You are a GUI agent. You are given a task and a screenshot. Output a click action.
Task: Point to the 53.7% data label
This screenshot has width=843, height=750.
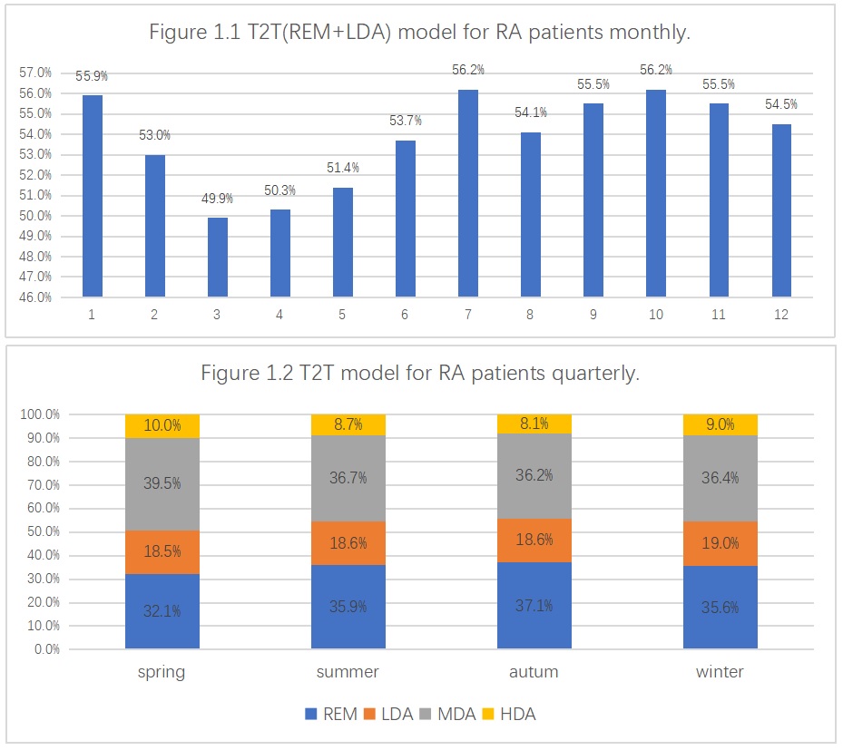click(x=406, y=122)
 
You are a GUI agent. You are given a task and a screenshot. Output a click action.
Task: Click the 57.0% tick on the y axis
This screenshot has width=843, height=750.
click(x=34, y=73)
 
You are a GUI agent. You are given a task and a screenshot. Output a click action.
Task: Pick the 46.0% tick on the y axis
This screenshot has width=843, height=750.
click(x=34, y=297)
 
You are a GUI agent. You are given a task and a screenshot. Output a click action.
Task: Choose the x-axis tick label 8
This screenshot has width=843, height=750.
click(x=531, y=315)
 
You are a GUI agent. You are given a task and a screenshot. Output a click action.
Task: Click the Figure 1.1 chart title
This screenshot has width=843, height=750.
click(x=420, y=34)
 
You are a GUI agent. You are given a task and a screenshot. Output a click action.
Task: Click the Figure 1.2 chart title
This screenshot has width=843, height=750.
click(x=420, y=374)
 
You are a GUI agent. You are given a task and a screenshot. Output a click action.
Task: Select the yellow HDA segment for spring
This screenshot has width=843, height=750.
click(x=162, y=426)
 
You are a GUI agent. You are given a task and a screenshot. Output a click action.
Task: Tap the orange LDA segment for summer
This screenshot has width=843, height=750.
click(x=348, y=543)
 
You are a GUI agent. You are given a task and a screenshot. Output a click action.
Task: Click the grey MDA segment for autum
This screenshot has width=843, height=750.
click(x=534, y=475)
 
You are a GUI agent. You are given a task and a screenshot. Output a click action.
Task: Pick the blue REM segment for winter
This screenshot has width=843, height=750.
click(x=720, y=608)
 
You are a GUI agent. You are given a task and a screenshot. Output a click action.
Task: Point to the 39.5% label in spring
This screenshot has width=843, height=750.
click(x=162, y=483)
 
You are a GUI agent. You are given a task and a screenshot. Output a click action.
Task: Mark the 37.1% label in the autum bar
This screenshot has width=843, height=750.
click(x=534, y=606)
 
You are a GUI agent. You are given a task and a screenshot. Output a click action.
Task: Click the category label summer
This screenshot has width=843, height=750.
click(x=348, y=672)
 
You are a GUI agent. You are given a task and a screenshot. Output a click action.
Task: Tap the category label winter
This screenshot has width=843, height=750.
click(x=720, y=672)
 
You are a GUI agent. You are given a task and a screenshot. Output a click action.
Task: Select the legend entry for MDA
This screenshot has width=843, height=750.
click(x=446, y=714)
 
